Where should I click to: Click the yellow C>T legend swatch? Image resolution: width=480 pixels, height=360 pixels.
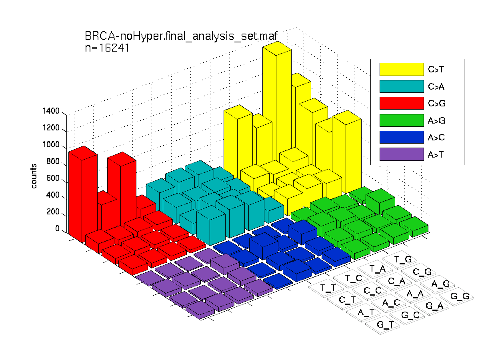pyautogui.click(x=402, y=69)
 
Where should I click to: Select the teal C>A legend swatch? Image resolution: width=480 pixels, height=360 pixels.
pyautogui.click(x=402, y=86)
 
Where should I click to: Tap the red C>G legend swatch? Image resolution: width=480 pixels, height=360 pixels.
pyautogui.click(x=402, y=103)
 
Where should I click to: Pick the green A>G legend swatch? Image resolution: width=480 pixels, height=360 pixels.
pyautogui.click(x=402, y=120)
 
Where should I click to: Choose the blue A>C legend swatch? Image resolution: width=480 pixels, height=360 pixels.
pyautogui.click(x=402, y=137)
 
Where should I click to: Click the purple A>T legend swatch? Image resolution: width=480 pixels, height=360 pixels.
pyautogui.click(x=402, y=154)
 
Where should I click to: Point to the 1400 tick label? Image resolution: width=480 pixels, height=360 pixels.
pyautogui.click(x=51, y=111)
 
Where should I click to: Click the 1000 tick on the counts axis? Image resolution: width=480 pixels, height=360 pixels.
pyautogui.click(x=51, y=144)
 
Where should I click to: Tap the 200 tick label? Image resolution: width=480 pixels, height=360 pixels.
pyautogui.click(x=53, y=212)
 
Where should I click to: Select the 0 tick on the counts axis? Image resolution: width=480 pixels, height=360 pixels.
pyautogui.click(x=57, y=228)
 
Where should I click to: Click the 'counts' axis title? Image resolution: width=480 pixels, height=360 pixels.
pyautogui.click(x=34, y=176)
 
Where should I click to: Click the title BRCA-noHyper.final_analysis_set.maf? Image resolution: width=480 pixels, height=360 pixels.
pyautogui.click(x=181, y=36)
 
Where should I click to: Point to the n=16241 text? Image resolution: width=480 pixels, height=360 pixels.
pyautogui.click(x=107, y=48)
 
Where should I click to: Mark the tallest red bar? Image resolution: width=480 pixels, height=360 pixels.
pyautogui.click(x=83, y=194)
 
